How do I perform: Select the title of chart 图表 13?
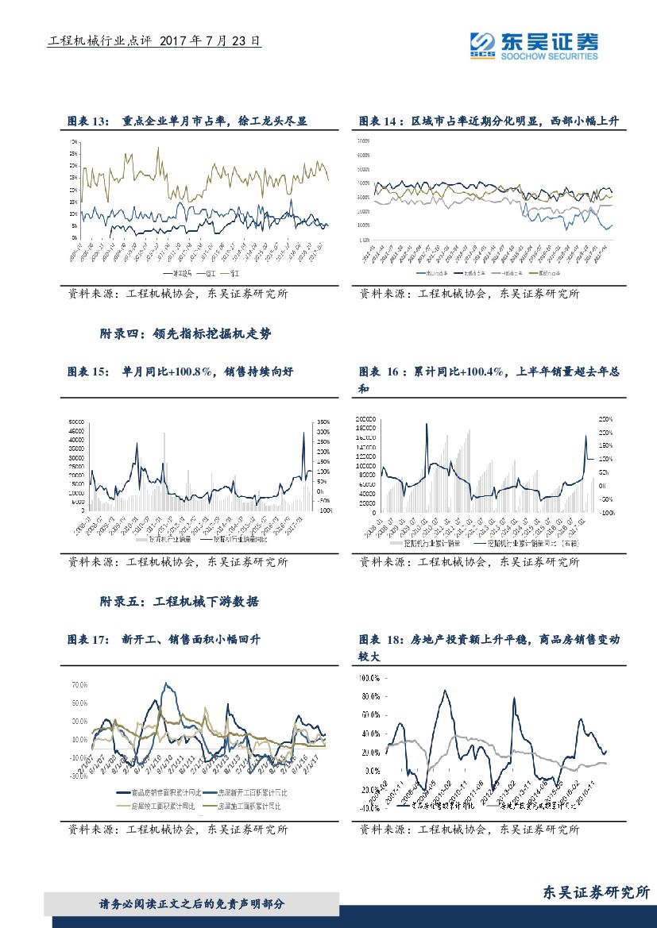[187, 121]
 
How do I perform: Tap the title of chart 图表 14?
[489, 121]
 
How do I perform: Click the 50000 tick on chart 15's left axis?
[77, 422]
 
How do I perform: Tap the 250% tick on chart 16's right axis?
[605, 418]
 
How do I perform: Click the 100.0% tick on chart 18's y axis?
[370, 679]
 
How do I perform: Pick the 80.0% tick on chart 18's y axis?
[371, 697]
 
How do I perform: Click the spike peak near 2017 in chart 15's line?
[303, 432]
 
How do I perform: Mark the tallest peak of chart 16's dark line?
[427, 423]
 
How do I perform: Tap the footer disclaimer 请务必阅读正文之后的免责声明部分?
[191, 904]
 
